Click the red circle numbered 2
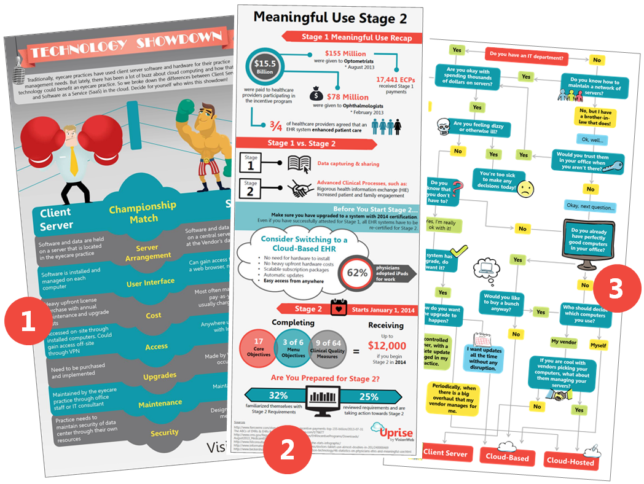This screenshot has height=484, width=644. coord(286,450)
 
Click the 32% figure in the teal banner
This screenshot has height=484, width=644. coord(278,396)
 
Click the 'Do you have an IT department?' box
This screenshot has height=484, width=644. coord(527,55)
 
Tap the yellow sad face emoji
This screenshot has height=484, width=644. coord(524,187)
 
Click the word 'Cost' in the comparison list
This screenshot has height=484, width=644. coord(154,315)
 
